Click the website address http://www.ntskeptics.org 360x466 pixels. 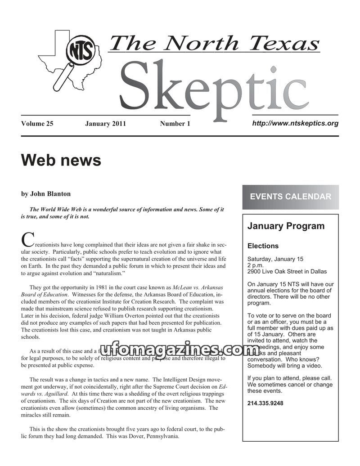point(295,123)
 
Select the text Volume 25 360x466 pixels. point(37,124)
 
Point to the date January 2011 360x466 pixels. point(105,124)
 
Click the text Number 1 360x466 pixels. point(175,124)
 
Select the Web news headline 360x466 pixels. point(61,160)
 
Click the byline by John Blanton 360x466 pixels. point(46,194)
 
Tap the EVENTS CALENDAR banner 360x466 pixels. point(290,197)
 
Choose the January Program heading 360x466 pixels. point(286,226)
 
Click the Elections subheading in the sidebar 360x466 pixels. point(263,246)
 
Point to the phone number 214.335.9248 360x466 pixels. point(265,403)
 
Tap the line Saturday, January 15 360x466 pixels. point(275,259)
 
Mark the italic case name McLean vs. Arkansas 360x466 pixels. point(198,287)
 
